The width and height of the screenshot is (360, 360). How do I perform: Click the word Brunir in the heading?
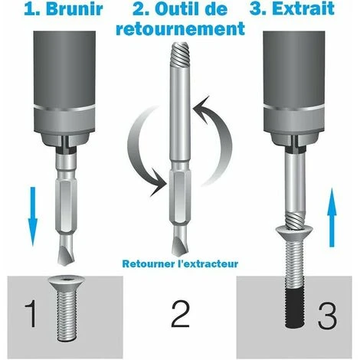74,9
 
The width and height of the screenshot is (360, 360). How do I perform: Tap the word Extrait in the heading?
303,8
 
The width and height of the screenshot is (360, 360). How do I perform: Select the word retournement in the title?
180,28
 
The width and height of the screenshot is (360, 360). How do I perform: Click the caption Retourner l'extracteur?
180,263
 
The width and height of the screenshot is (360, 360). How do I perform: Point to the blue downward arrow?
33,217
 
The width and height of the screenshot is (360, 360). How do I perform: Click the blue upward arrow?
332,218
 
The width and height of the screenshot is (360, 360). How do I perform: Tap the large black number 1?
31,314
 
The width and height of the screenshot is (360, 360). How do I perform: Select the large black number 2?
180,314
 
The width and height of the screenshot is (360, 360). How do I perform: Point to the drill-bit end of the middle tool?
180,241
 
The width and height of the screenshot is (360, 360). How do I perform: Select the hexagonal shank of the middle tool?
180,198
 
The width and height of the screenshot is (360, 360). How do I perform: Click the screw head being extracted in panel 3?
294,232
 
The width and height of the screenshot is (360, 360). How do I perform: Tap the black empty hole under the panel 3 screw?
295,308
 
